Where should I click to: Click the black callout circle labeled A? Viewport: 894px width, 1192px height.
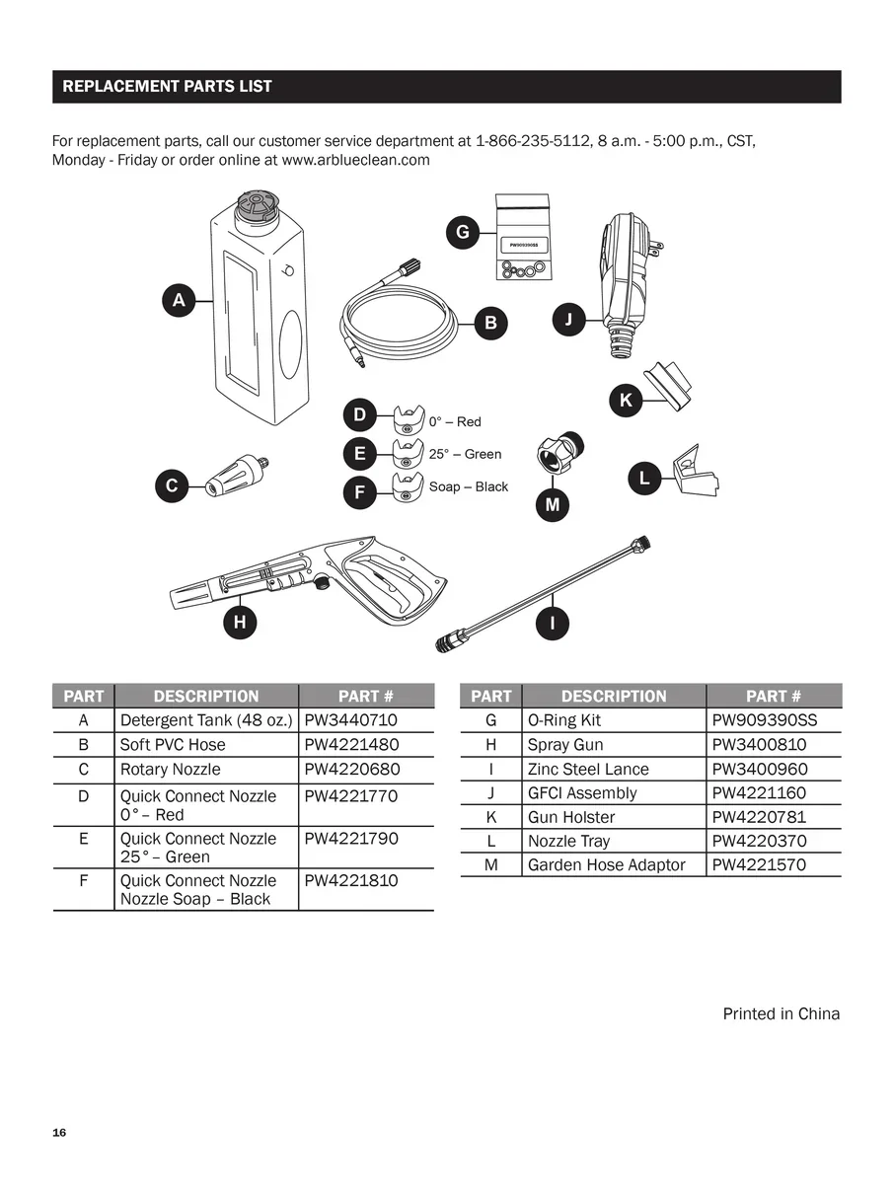(179, 301)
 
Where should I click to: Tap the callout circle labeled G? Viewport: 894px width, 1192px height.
(462, 233)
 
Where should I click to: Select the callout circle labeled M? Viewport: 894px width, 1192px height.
(553, 504)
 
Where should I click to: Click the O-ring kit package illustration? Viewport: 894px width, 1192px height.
(522, 238)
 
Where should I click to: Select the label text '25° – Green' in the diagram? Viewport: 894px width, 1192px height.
(465, 454)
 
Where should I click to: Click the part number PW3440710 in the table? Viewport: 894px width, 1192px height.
(350, 721)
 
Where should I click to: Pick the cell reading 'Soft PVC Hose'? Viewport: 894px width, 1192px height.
(173, 745)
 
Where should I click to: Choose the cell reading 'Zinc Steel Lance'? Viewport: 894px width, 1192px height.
(588, 769)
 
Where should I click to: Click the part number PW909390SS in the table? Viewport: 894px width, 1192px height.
(764, 720)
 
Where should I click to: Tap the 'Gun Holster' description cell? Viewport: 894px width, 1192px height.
(571, 817)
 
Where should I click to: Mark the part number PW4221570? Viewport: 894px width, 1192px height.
(759, 864)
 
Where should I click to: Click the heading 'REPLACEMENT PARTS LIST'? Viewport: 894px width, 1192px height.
(167, 87)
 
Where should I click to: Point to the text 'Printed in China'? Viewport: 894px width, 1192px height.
(781, 1013)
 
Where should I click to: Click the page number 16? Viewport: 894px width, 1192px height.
(59, 1132)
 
